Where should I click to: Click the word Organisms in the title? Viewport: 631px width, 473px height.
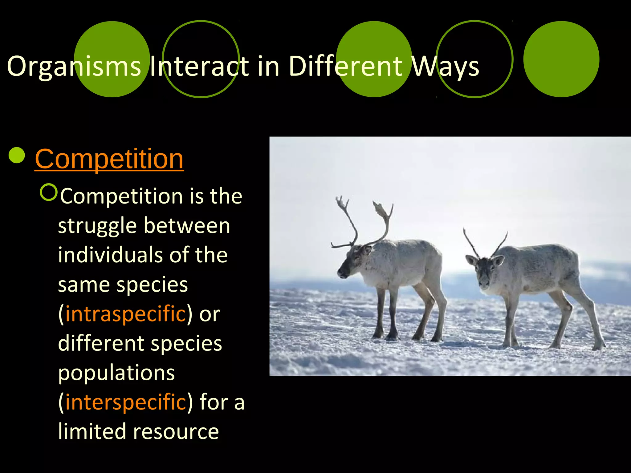[74, 66]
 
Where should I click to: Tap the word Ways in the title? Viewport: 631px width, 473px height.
[445, 66]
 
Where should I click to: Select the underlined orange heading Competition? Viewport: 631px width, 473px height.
[109, 159]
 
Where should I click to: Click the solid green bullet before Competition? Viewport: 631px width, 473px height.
[17, 155]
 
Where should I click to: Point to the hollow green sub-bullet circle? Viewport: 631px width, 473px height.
[49, 192]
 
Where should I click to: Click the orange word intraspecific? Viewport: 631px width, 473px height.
[125, 314]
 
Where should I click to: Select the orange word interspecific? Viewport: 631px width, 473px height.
[125, 402]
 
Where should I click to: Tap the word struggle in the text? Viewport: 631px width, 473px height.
[97, 226]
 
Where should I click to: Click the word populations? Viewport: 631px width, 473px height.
[116, 373]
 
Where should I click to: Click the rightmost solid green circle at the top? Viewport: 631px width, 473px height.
[561, 59]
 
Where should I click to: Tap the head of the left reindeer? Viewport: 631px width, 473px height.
[351, 262]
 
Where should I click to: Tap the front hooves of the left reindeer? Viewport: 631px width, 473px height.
[385, 336]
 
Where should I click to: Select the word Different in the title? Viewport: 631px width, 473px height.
[345, 66]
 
